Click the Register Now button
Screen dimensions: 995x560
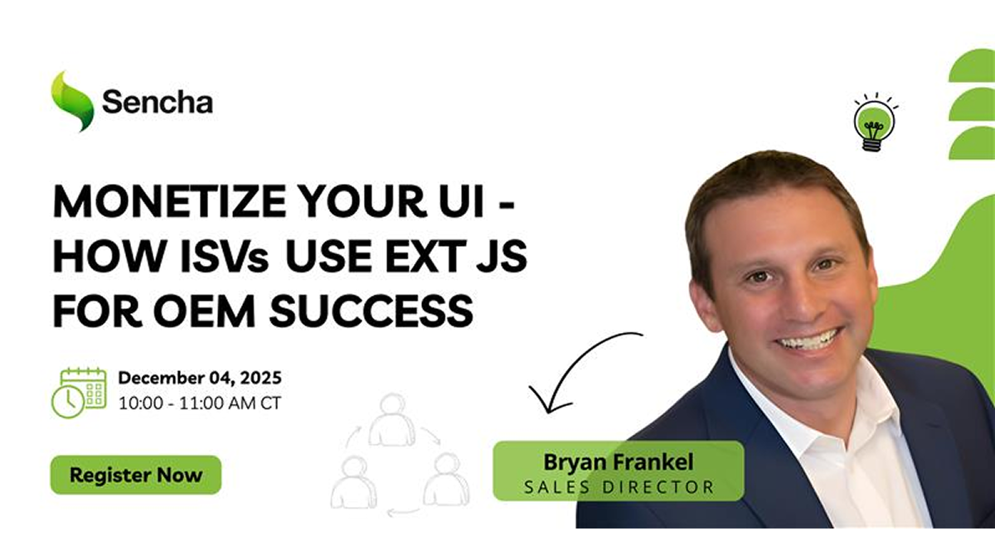136,475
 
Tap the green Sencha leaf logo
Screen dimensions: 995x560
72,102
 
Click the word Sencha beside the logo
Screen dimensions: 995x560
158,102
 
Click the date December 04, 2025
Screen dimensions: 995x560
200,378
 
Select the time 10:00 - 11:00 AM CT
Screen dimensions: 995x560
200,403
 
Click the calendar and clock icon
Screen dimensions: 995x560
79,393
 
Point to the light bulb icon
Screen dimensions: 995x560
875,122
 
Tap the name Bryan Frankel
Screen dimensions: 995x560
619,462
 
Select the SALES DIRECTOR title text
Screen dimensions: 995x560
619,487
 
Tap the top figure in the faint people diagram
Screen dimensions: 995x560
391,420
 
